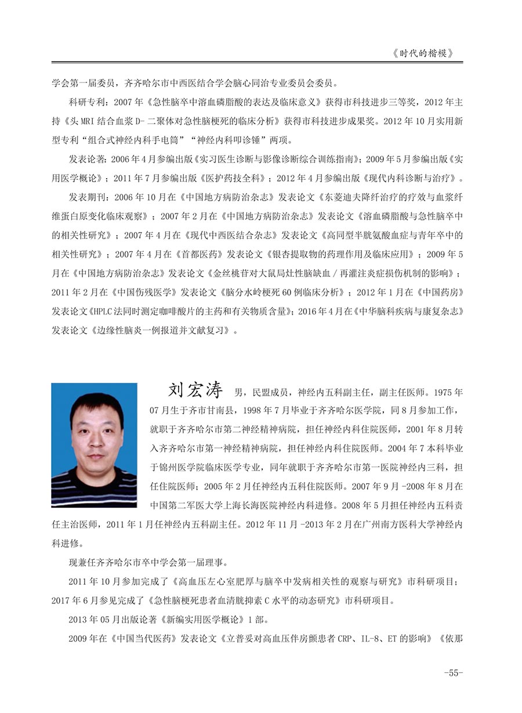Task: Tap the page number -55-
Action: [x=452, y=673]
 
